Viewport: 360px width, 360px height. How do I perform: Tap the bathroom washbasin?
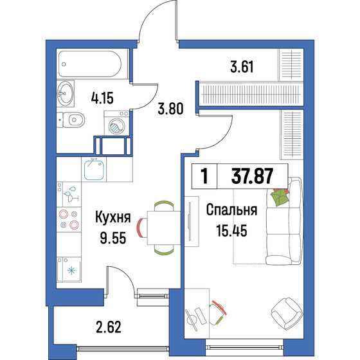tap(65, 96)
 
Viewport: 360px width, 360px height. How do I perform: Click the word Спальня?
tap(232, 210)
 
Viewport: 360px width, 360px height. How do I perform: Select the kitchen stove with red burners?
tap(68, 220)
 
